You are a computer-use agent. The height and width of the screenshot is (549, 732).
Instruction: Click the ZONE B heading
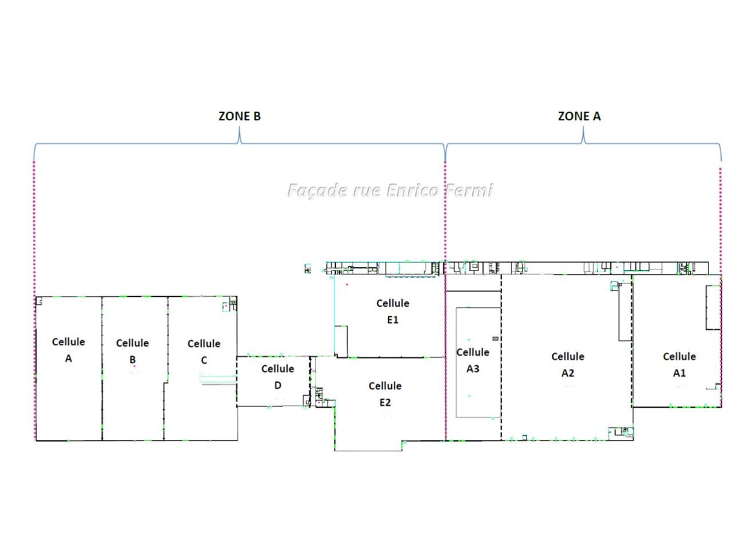click(239, 116)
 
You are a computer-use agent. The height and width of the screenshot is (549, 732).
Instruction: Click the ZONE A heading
click(579, 116)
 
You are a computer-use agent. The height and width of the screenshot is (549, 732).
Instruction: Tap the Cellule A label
click(69, 349)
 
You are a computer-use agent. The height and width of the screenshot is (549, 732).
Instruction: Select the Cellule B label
click(133, 351)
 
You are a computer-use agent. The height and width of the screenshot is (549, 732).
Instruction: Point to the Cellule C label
click(204, 352)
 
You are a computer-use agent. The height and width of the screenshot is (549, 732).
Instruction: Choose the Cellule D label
click(277, 377)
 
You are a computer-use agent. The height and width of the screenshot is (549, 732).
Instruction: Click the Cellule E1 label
click(392, 311)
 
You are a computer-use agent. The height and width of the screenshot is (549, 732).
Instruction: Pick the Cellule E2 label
click(385, 394)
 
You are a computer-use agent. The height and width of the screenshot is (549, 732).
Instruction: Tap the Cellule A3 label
click(472, 360)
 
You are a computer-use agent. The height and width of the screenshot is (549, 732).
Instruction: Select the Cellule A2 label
click(568, 365)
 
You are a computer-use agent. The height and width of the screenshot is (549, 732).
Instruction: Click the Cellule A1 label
click(679, 365)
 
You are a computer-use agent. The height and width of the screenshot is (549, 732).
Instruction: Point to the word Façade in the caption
click(317, 190)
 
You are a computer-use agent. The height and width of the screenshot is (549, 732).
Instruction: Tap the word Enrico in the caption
click(412, 190)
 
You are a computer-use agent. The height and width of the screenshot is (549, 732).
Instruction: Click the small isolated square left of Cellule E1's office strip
click(308, 269)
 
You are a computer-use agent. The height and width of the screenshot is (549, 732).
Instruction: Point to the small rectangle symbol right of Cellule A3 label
click(495, 339)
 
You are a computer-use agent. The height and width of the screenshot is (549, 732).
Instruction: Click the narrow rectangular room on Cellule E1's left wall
click(340, 341)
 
